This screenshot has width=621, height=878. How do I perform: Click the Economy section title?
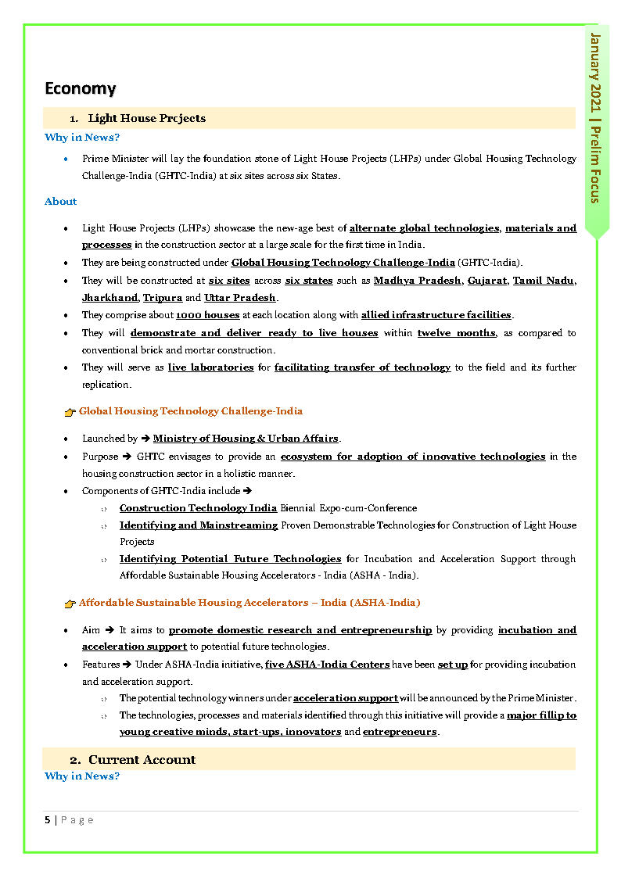(x=80, y=88)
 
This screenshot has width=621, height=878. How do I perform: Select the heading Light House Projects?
(x=146, y=118)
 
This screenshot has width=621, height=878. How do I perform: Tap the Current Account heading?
(x=142, y=759)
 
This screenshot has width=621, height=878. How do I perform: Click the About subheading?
(x=60, y=202)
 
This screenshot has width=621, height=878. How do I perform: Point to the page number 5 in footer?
(x=48, y=819)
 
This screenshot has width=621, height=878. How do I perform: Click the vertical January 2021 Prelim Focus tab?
(x=596, y=118)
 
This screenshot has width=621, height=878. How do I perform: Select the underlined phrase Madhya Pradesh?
(x=417, y=281)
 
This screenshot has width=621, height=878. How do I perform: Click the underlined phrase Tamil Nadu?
(x=544, y=281)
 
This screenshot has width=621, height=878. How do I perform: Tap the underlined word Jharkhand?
(x=109, y=298)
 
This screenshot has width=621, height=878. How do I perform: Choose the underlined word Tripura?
(x=163, y=298)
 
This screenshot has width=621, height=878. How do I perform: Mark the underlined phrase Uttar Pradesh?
(x=240, y=298)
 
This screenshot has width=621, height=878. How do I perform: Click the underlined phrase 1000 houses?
(x=207, y=315)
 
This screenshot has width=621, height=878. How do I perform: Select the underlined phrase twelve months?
(x=456, y=333)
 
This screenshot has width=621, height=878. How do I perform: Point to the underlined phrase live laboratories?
(x=210, y=367)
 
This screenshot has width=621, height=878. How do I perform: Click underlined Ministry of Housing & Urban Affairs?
(x=246, y=439)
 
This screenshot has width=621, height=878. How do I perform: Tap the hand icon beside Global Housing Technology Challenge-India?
(x=70, y=412)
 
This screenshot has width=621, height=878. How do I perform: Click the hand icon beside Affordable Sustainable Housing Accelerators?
(x=70, y=604)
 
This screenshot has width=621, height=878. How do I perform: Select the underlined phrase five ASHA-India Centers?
(x=327, y=665)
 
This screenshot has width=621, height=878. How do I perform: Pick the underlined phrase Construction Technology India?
(x=198, y=508)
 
